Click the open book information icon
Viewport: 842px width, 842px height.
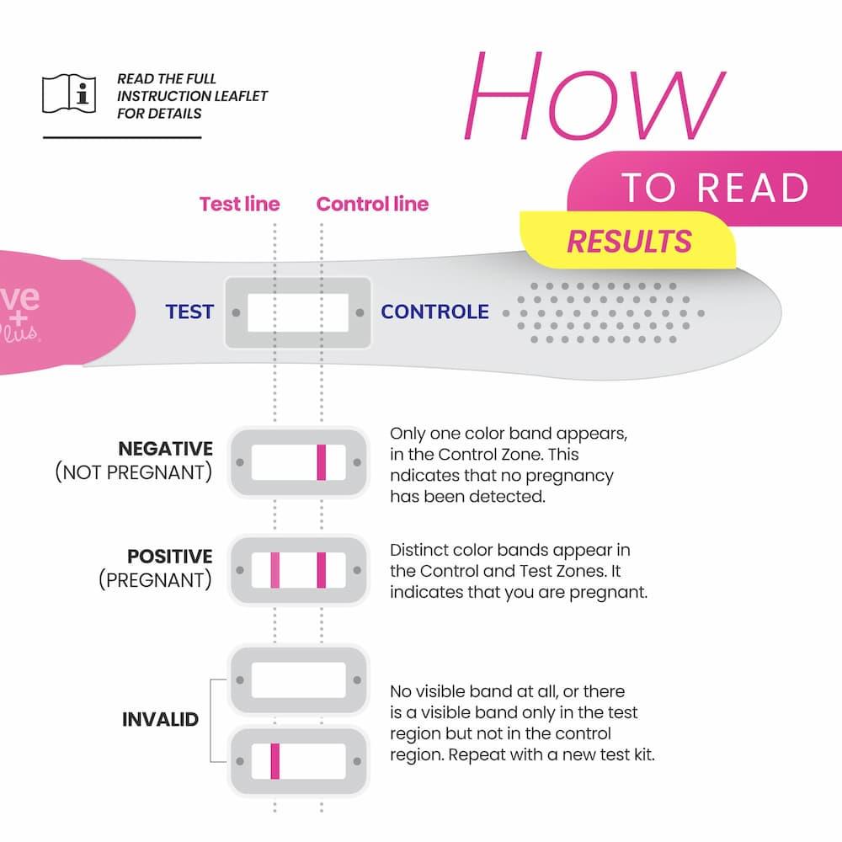[69, 93]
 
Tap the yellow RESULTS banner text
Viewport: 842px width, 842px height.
[629, 242]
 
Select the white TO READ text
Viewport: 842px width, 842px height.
[715, 189]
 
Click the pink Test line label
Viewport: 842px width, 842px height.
[239, 204]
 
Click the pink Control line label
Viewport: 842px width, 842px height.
[372, 204]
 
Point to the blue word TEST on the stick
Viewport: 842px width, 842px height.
[189, 312]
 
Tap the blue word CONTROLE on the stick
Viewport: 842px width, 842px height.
[434, 312]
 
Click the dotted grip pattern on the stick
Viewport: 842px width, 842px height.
[602, 312]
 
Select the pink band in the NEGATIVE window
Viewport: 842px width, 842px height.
[321, 462]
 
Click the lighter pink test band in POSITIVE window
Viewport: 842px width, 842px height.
[274, 570]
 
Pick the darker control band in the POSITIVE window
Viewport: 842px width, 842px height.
[321, 570]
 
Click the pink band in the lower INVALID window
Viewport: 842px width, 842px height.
[274, 761]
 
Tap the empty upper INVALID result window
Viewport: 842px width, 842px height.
[298, 679]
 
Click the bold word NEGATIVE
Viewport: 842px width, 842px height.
[165, 449]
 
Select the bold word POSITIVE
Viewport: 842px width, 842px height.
[169, 557]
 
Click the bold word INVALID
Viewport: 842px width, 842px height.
[160, 720]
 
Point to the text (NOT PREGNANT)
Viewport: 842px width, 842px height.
[134, 472]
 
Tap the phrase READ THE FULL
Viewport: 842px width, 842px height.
[167, 79]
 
